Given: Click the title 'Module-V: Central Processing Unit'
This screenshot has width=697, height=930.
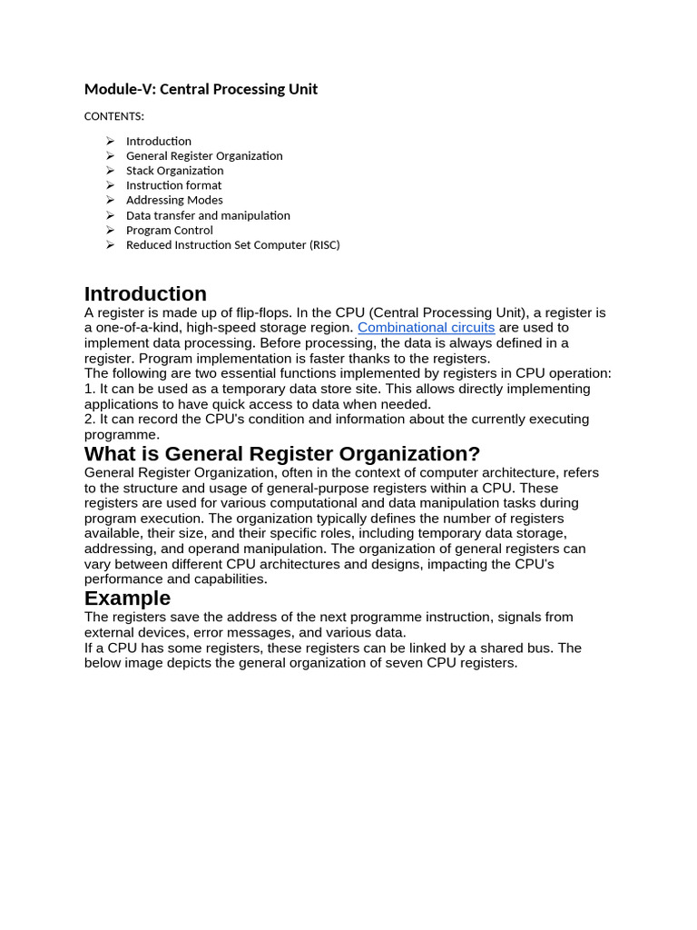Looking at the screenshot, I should pyautogui.click(x=201, y=89).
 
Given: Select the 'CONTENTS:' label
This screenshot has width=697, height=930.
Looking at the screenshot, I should pyautogui.click(x=113, y=116).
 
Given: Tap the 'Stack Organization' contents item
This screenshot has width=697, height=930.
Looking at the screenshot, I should pyautogui.click(x=174, y=171).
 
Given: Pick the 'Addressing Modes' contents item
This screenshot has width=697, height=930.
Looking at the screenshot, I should pyautogui.click(x=174, y=200).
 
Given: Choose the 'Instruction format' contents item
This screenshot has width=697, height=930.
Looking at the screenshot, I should pyautogui.click(x=173, y=185).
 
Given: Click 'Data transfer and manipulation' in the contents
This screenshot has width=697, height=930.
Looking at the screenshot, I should pyautogui.click(x=208, y=215).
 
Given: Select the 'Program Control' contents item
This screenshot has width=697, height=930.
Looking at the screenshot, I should pyautogui.click(x=170, y=230).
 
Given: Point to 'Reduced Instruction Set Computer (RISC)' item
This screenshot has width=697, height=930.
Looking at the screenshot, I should pyautogui.click(x=232, y=244).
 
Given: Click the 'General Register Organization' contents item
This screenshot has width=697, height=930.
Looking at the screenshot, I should pyautogui.click(x=204, y=156).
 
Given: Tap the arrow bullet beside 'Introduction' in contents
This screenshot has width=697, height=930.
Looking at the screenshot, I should pyautogui.click(x=110, y=141).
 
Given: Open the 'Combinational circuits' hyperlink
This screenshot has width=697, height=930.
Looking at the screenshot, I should pyautogui.click(x=426, y=327).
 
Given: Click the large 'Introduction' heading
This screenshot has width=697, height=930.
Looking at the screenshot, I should pyautogui.click(x=145, y=294).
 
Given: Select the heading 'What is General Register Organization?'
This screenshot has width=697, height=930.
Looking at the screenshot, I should pyautogui.click(x=282, y=454).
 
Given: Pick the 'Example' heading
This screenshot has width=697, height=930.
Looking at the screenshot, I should pyautogui.click(x=127, y=599).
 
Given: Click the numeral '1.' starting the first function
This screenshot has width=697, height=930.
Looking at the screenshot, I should pyautogui.click(x=90, y=389).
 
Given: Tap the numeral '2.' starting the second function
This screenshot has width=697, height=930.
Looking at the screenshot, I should pyautogui.click(x=90, y=420).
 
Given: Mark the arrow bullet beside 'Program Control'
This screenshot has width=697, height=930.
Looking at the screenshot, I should pyautogui.click(x=110, y=230).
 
